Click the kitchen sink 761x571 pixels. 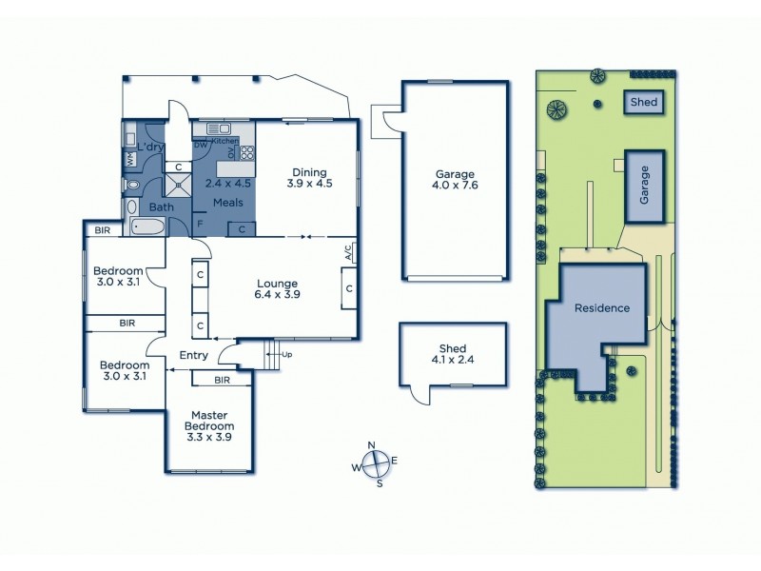(x=214, y=128)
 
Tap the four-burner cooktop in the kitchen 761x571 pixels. (x=245, y=151)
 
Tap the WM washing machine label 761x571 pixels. (x=129, y=161)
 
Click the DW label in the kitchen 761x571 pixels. (x=200, y=145)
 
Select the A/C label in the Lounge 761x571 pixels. (x=348, y=252)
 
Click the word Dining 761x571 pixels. (x=310, y=172)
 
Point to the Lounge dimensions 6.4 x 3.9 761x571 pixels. (x=277, y=295)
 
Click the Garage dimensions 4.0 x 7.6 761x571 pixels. (x=456, y=187)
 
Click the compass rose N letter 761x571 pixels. (x=373, y=445)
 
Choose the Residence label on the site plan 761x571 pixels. (x=601, y=308)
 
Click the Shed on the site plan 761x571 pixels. (x=643, y=102)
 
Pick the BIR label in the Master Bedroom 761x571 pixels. (x=221, y=380)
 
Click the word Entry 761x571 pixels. (x=193, y=356)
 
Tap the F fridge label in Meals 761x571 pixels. (x=200, y=225)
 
